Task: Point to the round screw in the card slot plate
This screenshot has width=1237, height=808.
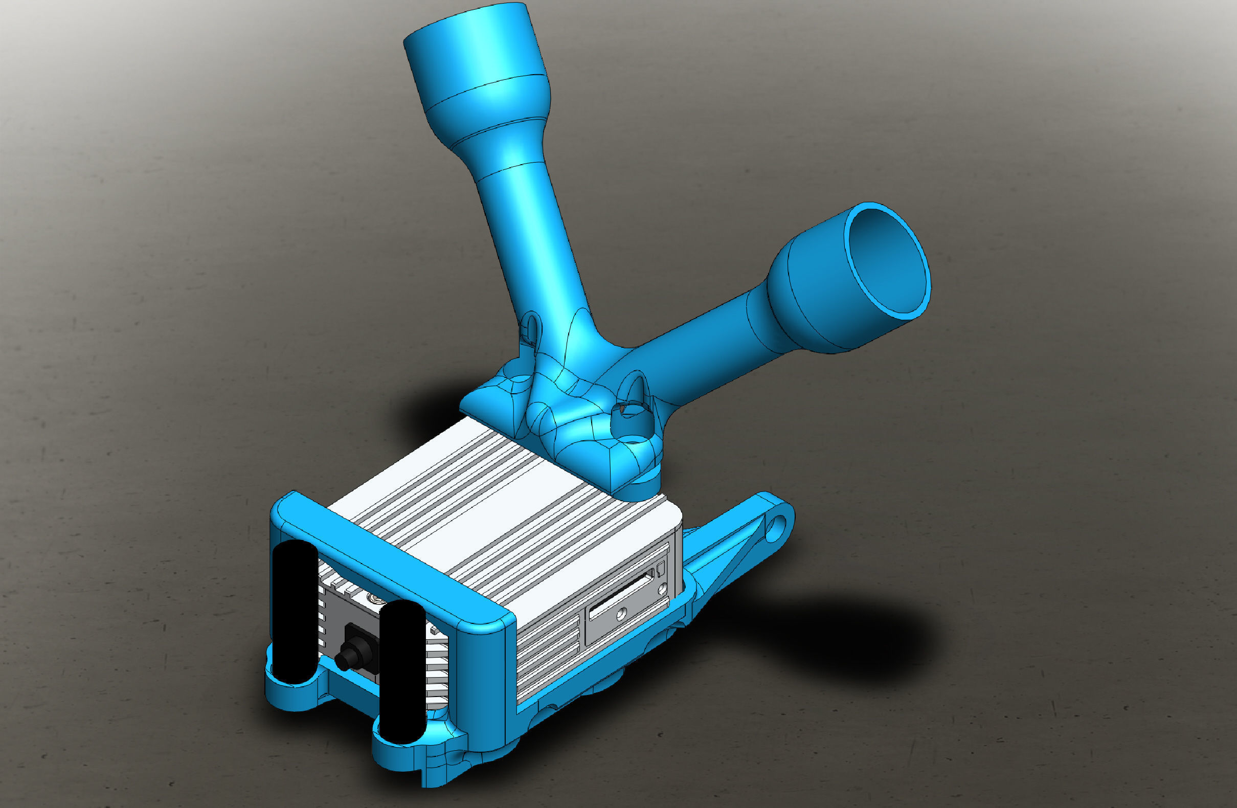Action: click(619, 615)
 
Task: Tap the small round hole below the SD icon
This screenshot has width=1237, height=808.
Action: click(663, 589)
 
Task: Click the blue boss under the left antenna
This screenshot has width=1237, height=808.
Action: click(291, 693)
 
